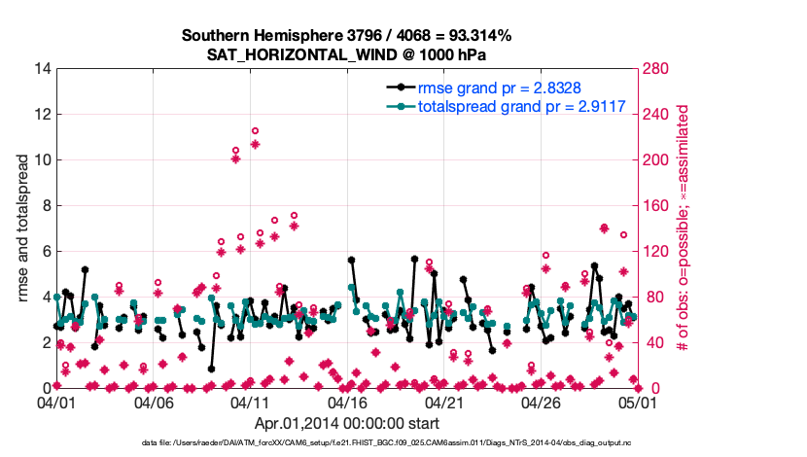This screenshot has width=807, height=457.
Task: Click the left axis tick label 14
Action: point(41,68)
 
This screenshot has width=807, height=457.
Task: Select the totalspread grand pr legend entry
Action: point(520,107)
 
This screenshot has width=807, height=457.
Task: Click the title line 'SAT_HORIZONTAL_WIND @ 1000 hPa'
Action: point(346,53)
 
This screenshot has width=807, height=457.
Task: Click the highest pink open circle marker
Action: point(255,130)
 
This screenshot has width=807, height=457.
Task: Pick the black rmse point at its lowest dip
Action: point(211,369)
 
